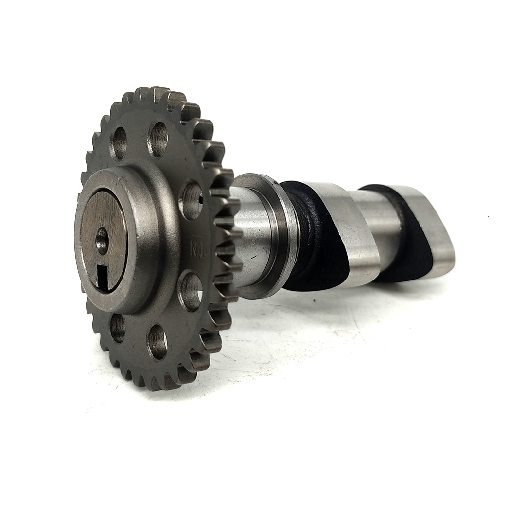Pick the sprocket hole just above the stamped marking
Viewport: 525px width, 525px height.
(191, 199)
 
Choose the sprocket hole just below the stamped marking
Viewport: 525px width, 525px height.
(190, 291)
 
